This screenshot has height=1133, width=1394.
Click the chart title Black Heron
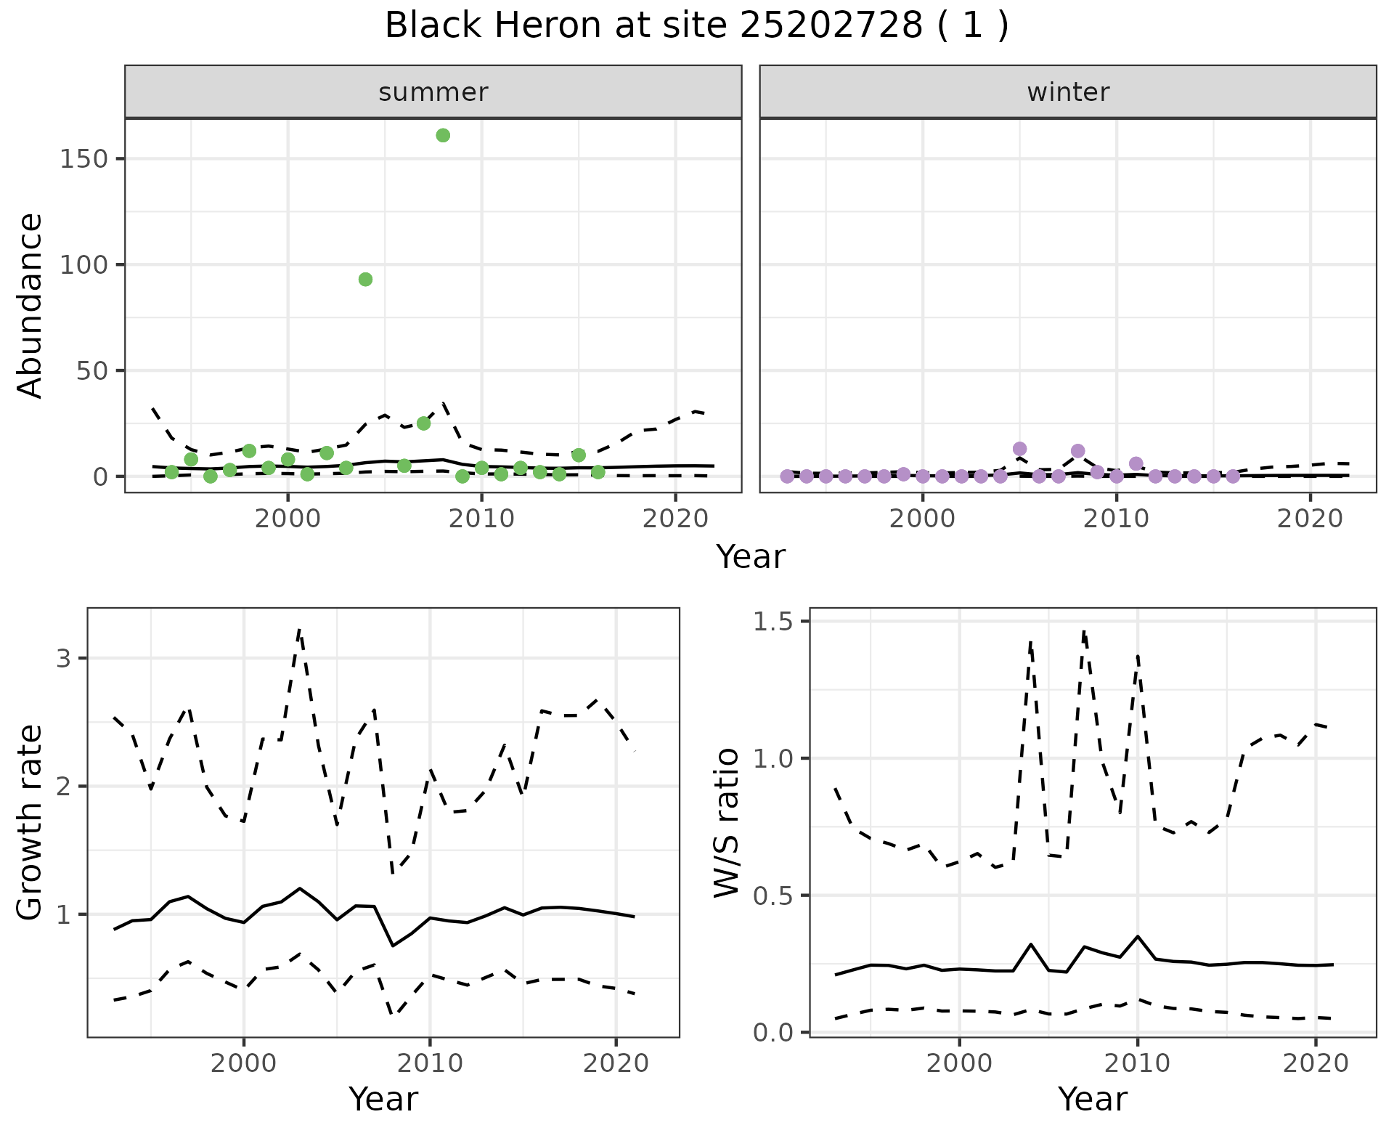coord(696,27)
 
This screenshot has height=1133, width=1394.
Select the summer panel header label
coord(433,92)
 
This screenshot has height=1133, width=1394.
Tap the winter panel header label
coord(1068,92)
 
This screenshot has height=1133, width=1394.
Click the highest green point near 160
coord(443,136)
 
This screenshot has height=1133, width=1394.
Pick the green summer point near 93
coord(366,280)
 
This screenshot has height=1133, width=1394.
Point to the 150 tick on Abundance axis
coord(83,159)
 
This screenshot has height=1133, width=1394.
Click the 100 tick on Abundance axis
coord(83,265)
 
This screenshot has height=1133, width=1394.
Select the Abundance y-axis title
coord(30,305)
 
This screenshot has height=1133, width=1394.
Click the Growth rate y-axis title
coord(30,822)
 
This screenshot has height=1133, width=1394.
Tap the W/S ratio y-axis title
coord(726,822)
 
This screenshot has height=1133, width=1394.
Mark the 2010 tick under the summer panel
coord(481,519)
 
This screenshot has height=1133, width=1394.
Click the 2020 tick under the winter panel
coord(1311,519)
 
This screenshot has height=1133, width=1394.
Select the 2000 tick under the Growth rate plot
coord(244,1064)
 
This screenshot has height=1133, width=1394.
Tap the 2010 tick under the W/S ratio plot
coord(1138,1064)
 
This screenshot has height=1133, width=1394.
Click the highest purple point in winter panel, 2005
coord(1019,449)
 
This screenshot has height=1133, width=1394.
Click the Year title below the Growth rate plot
coord(383,1099)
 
